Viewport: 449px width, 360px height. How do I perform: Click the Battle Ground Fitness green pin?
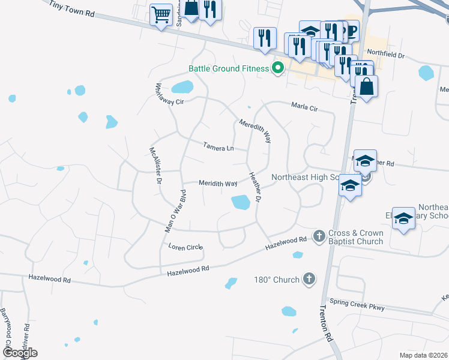[277, 68]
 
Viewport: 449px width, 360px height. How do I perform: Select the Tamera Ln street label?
[217, 147]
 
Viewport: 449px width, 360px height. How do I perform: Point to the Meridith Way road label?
[218, 183]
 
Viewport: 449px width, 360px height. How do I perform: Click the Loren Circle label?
[186, 247]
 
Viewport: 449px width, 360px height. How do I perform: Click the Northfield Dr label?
[386, 55]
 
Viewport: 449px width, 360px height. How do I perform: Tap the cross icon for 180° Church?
[309, 278]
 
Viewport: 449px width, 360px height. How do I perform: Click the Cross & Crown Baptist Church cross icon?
[319, 235]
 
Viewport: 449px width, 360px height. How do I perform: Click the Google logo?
[20, 352]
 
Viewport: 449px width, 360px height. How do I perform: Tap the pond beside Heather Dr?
[241, 203]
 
